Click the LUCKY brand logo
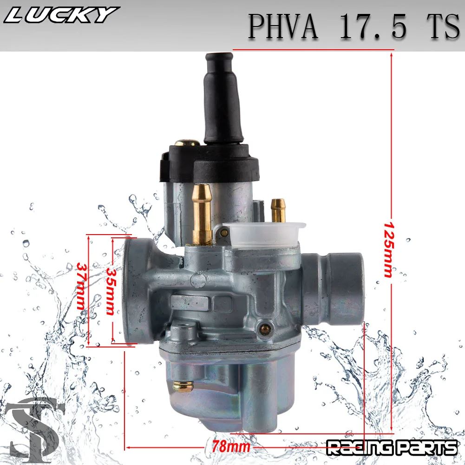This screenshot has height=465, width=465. [60, 15]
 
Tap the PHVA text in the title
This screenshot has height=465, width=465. [283, 26]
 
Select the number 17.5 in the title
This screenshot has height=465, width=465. [373, 26]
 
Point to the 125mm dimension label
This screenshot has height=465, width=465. [387, 249]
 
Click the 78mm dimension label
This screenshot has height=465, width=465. [231, 446]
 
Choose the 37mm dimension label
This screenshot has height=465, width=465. [81, 287]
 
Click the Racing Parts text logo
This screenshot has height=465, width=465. [392, 448]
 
